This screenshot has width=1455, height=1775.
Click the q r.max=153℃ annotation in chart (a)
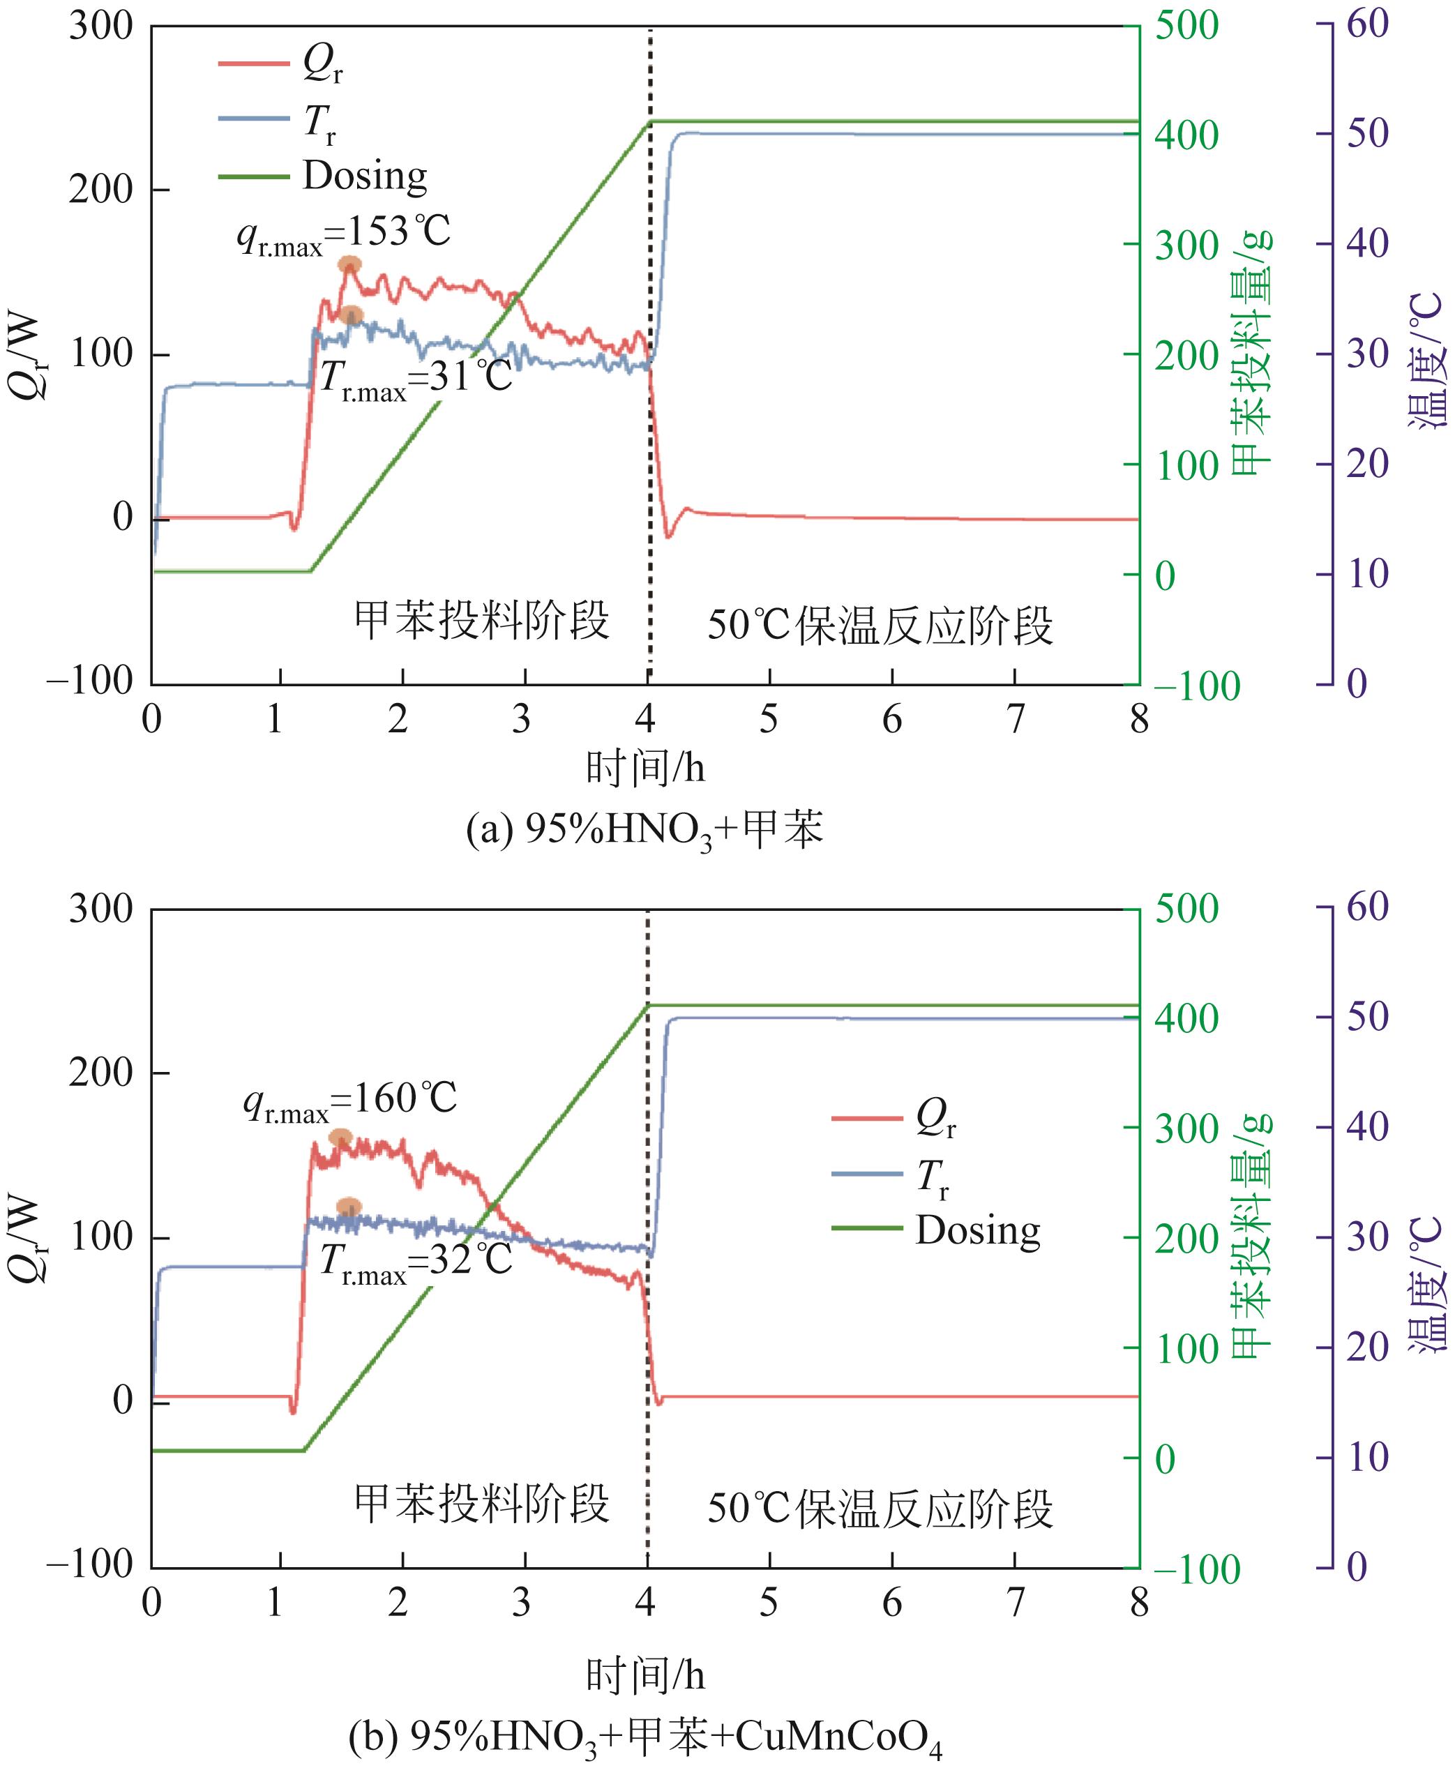[x=344, y=233]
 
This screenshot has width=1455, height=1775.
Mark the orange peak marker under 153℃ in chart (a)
[x=349, y=265]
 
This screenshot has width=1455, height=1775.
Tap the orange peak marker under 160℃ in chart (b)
[x=340, y=1138]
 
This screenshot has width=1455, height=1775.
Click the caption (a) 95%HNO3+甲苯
[x=644, y=831]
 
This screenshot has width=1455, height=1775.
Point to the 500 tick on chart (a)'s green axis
[x=1186, y=26]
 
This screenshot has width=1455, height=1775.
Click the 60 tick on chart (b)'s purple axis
[x=1367, y=907]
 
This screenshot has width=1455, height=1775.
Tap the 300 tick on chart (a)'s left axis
[x=100, y=26]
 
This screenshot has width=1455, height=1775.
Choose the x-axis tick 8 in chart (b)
[x=1138, y=1601]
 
